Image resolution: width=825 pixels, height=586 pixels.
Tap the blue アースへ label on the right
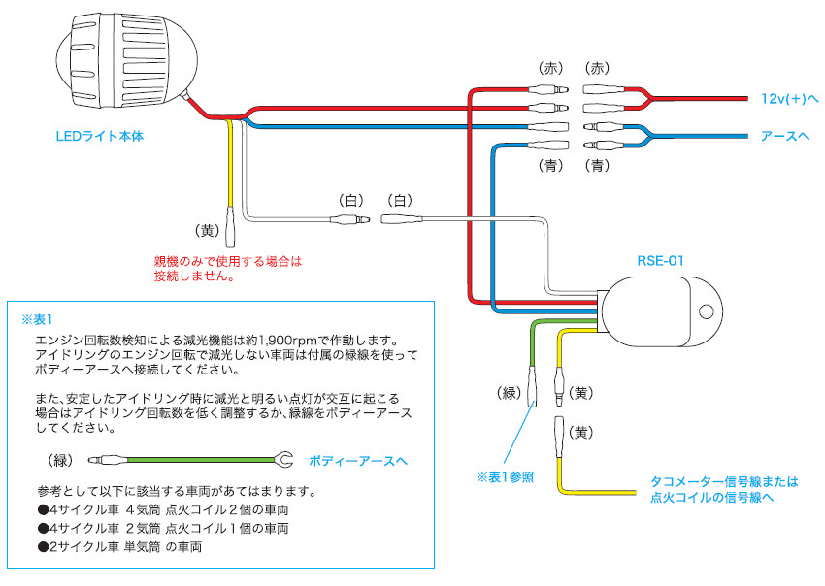(785, 136)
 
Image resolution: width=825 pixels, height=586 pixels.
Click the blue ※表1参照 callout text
(505, 477)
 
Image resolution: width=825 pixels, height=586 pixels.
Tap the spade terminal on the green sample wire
(284, 459)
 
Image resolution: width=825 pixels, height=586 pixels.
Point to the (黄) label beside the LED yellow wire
(209, 231)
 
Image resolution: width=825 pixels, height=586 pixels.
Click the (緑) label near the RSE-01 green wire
(510, 393)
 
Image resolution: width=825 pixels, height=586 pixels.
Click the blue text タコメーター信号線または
(723, 481)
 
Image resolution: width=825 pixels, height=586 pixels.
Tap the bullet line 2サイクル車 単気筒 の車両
(120, 547)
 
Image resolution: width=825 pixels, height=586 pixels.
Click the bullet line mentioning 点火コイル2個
(162, 509)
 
